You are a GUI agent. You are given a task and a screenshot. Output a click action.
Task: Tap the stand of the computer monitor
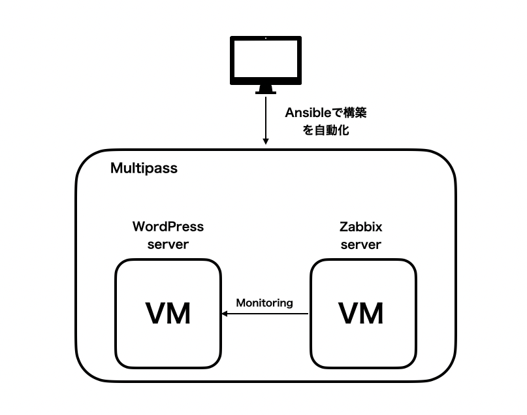(266, 88)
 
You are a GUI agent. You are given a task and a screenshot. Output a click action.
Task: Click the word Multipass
(144, 169)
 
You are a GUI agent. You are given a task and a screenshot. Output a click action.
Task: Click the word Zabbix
(360, 227)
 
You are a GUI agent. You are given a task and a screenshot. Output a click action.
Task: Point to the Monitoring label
(264, 303)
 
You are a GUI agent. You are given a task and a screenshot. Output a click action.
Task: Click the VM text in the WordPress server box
(168, 314)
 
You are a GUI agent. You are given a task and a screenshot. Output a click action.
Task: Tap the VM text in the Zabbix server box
(361, 314)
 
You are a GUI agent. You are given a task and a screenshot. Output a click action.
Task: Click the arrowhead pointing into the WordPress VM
(225, 314)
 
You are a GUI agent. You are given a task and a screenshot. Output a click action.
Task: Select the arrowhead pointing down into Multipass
(266, 141)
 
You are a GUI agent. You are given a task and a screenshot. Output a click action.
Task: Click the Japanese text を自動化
(326, 130)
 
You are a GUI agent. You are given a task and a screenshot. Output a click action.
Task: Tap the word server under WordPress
(168, 244)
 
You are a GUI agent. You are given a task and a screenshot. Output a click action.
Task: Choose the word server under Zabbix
(360, 244)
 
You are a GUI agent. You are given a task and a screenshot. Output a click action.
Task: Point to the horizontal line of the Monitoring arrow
(268, 314)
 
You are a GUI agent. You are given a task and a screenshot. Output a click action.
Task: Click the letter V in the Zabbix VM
(349, 314)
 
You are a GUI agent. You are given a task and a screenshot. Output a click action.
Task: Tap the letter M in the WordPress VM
(179, 314)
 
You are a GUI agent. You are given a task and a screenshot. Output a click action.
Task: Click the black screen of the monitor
(266, 59)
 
